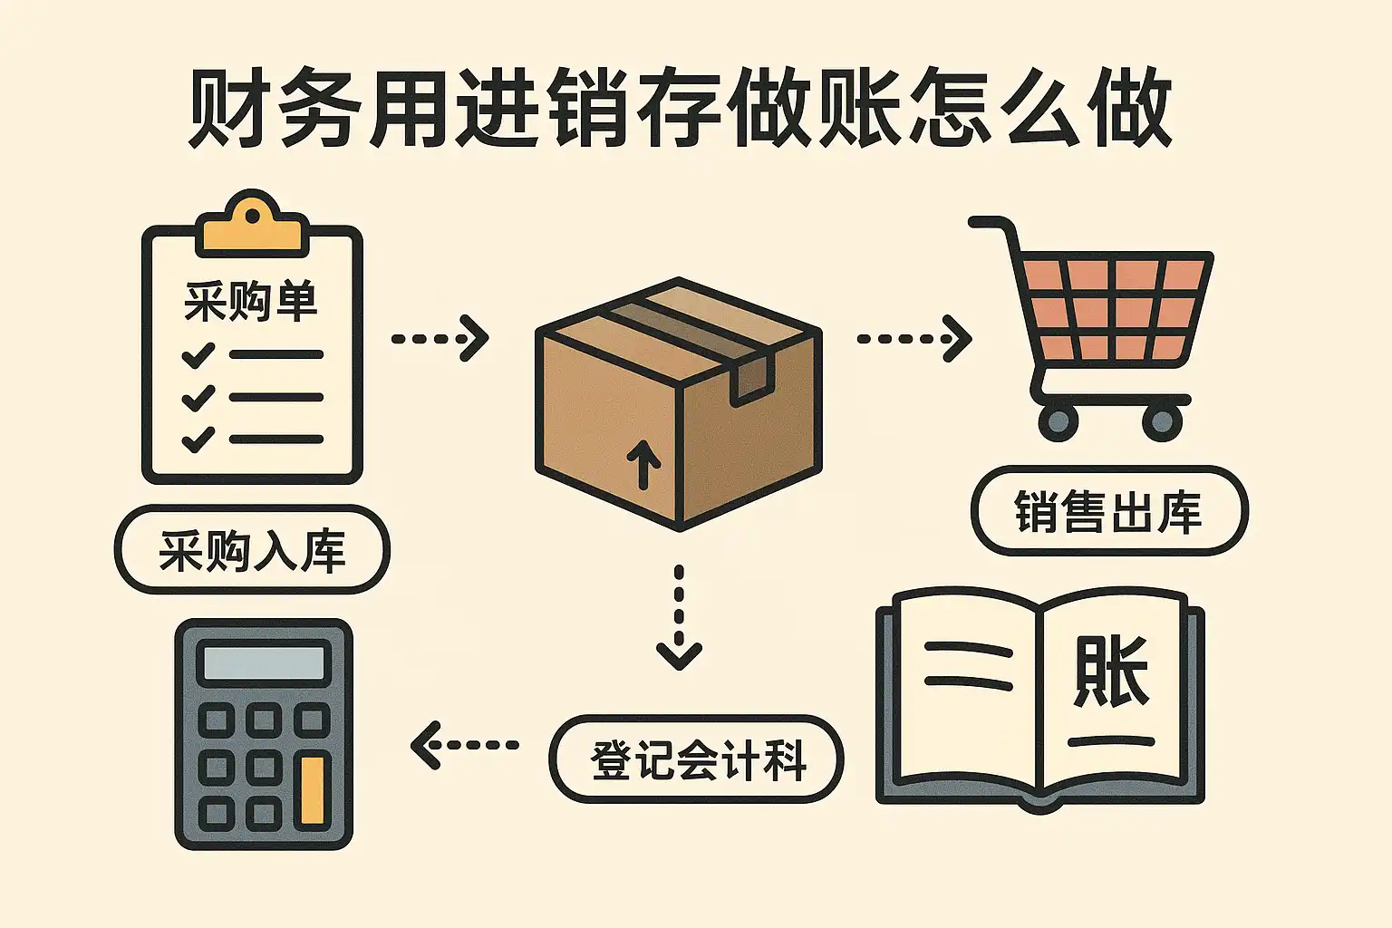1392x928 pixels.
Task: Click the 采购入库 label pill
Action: [x=252, y=550]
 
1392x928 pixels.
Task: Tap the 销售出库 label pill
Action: [x=1108, y=511]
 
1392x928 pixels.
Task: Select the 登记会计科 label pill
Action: [x=697, y=759]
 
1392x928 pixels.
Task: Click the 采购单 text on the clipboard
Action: [x=251, y=302]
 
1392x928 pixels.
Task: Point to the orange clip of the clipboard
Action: [x=252, y=227]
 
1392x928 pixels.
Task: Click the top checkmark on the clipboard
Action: [x=198, y=354]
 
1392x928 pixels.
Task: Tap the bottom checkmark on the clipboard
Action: [x=198, y=439]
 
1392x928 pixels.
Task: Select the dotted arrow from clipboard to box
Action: [x=440, y=339]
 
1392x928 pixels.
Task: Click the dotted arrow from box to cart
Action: [x=913, y=339]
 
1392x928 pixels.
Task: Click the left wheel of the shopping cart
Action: [x=1058, y=421]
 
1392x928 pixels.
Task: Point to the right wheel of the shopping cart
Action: [x=1162, y=421]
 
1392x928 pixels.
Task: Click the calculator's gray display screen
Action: [x=263, y=663]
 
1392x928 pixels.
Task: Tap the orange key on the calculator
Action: [x=312, y=791]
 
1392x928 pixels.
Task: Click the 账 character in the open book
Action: [x=1111, y=672]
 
